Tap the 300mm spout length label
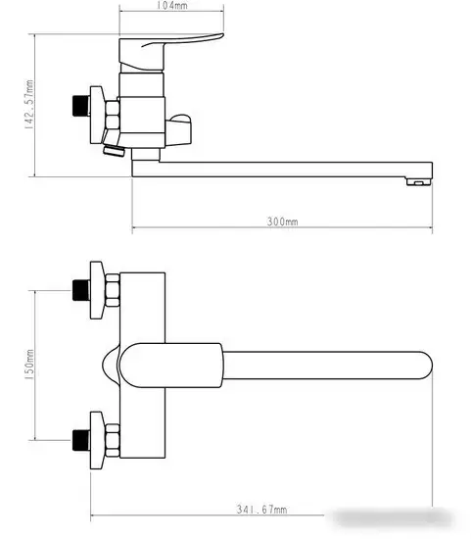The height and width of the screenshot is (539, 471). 282,222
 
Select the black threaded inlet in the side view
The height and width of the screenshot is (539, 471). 77,105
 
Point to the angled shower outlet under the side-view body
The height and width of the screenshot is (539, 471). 111,150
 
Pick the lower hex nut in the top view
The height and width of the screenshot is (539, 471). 113,437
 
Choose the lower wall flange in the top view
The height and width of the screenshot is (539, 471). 97,437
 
